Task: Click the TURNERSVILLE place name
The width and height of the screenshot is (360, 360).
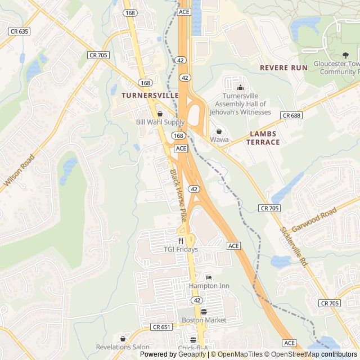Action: coord(148,96)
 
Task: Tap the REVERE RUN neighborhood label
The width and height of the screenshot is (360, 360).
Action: coord(283,67)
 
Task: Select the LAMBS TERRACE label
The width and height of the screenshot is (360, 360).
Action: coord(263,138)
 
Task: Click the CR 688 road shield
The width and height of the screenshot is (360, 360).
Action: coord(291,115)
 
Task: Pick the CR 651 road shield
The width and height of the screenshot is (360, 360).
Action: coord(161,327)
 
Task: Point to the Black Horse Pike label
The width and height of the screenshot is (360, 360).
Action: coord(178,194)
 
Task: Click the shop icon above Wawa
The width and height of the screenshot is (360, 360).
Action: coord(219,131)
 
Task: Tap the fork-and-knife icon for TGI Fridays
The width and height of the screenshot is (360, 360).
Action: coord(181,240)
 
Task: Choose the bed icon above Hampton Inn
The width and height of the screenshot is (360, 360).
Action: coord(209,277)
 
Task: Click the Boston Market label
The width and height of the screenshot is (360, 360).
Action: coord(204,320)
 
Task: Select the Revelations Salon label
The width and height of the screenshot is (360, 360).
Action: coord(123,347)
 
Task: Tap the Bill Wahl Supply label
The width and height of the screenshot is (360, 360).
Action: coord(160,122)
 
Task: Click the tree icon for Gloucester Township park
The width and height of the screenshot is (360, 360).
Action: coord(345,55)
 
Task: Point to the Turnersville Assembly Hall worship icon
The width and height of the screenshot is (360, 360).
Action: coord(241,87)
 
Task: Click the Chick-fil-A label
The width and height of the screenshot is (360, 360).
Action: coord(193,348)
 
